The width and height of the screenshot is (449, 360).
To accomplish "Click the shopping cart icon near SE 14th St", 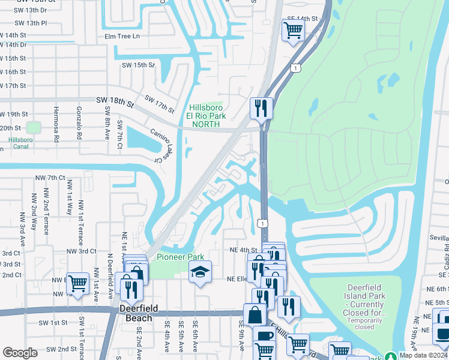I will (x=292, y=30).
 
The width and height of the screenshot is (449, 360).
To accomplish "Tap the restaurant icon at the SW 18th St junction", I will (x=261, y=109).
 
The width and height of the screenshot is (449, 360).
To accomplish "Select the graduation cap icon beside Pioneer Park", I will (x=200, y=273).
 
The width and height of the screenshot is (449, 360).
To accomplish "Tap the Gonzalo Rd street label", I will (x=79, y=122).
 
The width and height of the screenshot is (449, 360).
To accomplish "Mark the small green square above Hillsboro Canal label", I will (x=33, y=127).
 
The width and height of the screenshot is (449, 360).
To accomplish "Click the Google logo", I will (x=20, y=352).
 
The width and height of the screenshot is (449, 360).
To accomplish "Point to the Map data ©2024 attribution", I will (x=423, y=355).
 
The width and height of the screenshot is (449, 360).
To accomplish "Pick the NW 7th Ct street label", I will (x=50, y=178).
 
